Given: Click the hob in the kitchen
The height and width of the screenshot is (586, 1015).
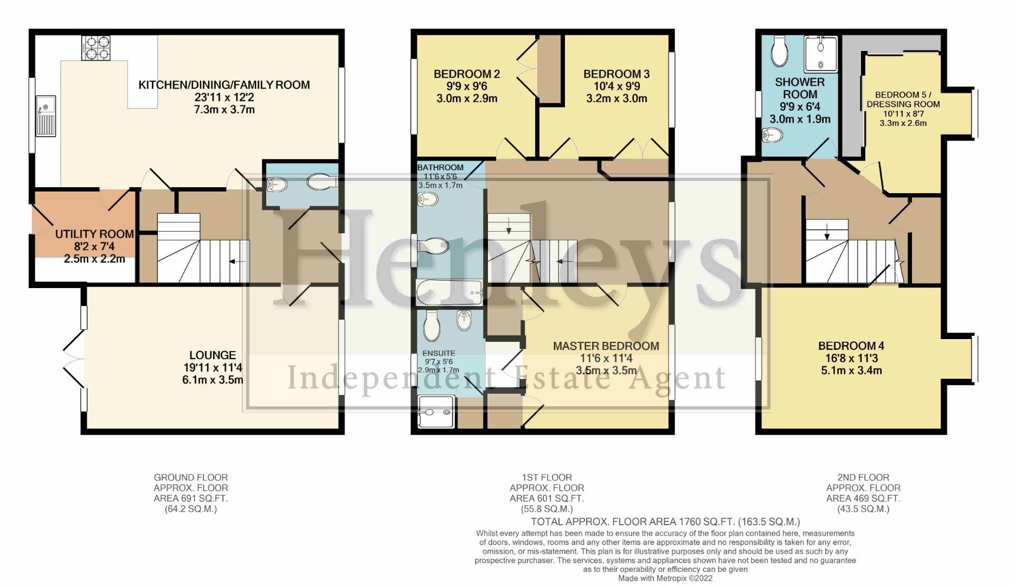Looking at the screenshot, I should click(96, 48).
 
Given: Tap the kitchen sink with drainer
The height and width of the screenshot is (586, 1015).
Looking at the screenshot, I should click(46, 116).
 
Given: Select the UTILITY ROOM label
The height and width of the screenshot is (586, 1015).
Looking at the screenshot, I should click(94, 234).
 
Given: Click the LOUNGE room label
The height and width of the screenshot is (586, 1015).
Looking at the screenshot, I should click(213, 355).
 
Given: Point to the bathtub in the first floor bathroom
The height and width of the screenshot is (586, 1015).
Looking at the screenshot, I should click(449, 293).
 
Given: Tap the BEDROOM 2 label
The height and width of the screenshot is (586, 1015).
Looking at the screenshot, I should click(466, 74).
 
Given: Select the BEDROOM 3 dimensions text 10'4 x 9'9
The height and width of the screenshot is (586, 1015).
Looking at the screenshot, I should click(616, 86).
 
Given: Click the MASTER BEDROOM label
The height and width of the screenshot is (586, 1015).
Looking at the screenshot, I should click(606, 346).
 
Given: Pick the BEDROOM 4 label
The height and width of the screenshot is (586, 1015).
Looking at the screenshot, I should click(851, 346).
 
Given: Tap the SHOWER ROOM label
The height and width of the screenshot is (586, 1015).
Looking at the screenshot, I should click(800, 88).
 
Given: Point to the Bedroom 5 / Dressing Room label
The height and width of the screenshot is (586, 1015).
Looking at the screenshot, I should click(903, 99).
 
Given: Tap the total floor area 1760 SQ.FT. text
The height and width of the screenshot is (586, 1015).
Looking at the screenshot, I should click(665, 522).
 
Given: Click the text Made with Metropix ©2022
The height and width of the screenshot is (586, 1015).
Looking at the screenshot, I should click(665, 578).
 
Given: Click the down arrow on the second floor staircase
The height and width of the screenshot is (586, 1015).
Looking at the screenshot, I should click(827, 235).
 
